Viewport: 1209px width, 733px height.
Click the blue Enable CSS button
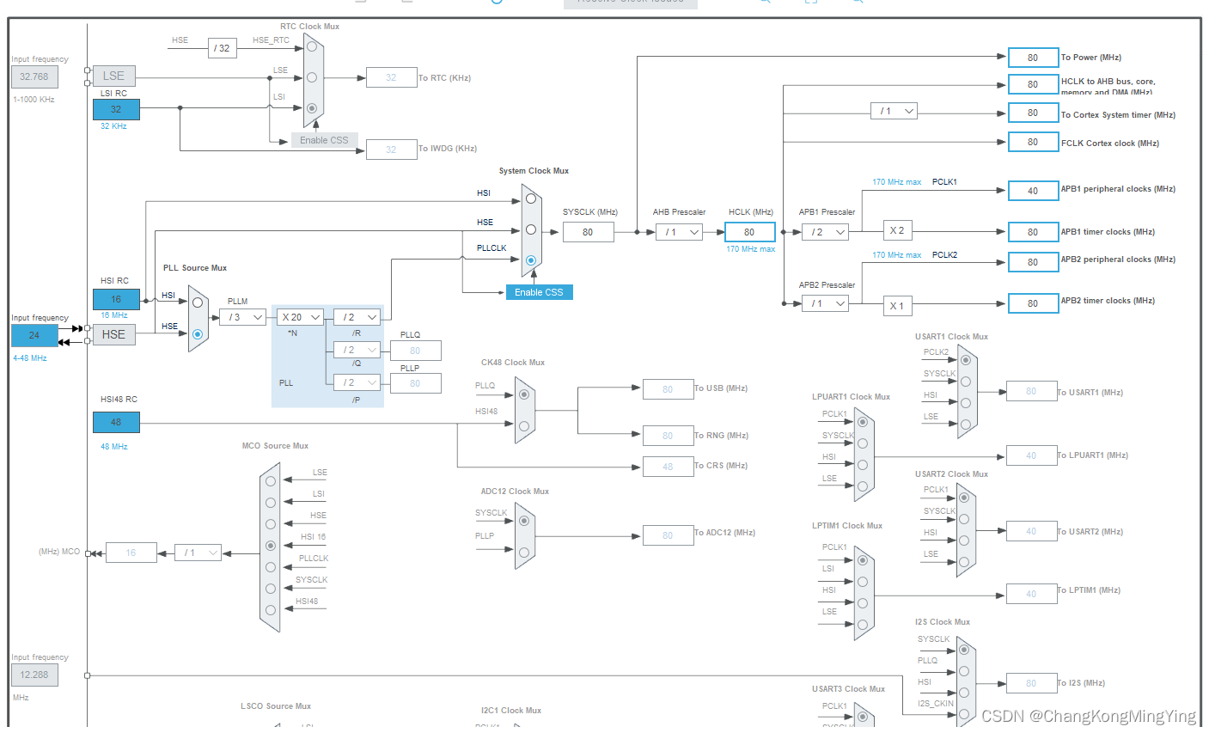coord(539,292)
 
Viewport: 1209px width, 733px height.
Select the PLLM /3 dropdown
coord(245,317)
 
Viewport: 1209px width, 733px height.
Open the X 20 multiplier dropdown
coord(301,317)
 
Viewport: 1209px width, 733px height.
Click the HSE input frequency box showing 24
coord(34,335)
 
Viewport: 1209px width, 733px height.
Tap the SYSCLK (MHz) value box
coord(588,232)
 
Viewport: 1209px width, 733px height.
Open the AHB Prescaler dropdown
coord(679,232)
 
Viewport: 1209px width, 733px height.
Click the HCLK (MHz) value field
coord(749,232)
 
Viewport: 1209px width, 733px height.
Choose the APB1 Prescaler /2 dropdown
coord(825,232)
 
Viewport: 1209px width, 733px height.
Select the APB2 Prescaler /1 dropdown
coord(825,303)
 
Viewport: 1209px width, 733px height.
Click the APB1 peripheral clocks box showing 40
coord(1032,191)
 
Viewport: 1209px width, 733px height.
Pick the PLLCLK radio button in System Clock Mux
coord(531,260)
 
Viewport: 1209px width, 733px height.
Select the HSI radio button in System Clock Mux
coord(531,199)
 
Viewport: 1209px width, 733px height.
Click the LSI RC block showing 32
coord(116,109)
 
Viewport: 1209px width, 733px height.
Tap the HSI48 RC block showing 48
coord(116,422)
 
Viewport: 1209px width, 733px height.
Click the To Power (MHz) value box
coord(1032,58)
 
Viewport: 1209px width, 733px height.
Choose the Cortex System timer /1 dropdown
coord(894,111)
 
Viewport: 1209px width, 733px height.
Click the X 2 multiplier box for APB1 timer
coord(897,230)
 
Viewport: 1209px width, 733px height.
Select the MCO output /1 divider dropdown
coord(198,553)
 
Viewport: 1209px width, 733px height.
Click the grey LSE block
coord(114,76)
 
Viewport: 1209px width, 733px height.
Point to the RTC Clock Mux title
coord(309,27)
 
